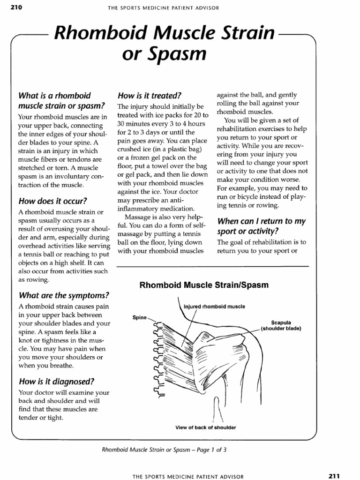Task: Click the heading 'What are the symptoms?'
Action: coord(64,295)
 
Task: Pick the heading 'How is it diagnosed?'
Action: coord(56,381)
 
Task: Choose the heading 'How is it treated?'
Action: coord(150,95)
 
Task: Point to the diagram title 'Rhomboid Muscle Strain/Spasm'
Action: coord(204,285)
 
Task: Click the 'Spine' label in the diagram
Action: coord(140,317)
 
